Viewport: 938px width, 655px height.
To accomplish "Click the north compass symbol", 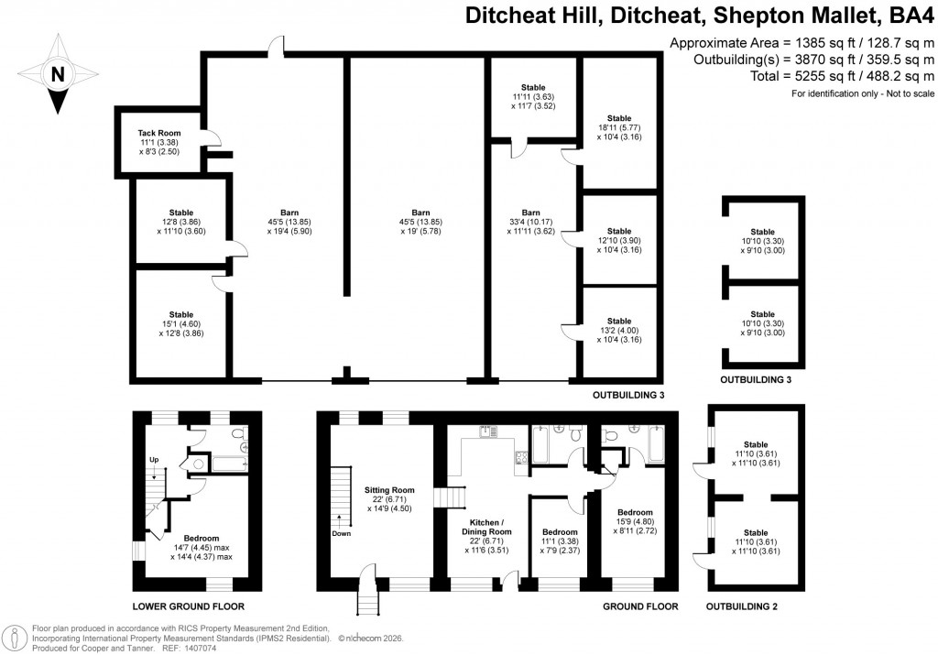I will click(x=57, y=73).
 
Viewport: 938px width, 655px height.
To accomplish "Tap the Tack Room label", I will click(x=159, y=143).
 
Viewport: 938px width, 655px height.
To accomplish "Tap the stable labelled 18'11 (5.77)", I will click(x=619, y=127).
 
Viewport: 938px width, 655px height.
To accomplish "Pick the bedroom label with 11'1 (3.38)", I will click(x=560, y=541).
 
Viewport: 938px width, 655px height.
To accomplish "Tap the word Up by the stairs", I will click(x=154, y=460).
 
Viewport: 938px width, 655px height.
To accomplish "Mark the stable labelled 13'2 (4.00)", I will click(x=619, y=331).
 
